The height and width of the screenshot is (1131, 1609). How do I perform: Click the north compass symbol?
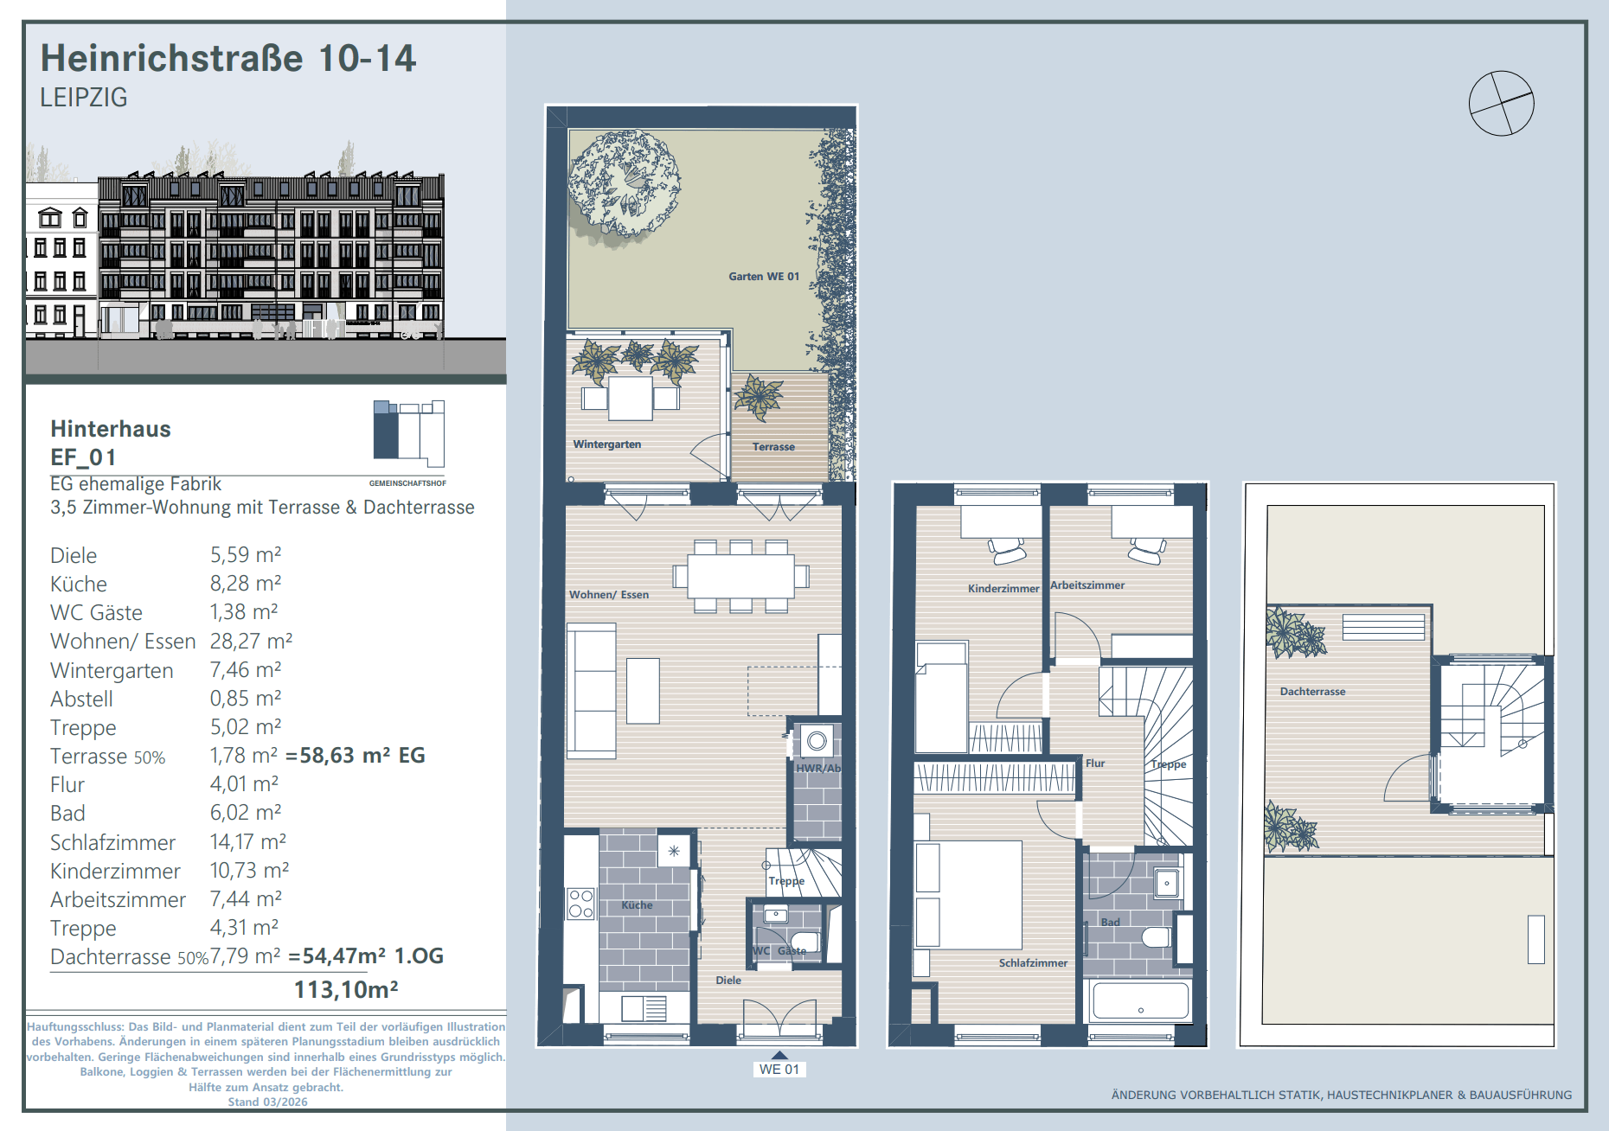tap(1501, 103)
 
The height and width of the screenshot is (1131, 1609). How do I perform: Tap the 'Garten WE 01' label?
tap(764, 277)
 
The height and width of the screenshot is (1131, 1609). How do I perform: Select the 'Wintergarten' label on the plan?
tap(607, 444)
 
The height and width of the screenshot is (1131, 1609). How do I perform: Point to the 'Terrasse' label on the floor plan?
tap(773, 447)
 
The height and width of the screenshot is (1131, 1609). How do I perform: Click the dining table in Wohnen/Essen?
tap(740, 576)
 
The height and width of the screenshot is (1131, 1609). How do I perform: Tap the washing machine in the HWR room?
tap(816, 741)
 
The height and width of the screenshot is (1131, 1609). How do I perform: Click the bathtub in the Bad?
tap(1140, 1001)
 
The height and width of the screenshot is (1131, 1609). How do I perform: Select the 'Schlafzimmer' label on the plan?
tap(1033, 963)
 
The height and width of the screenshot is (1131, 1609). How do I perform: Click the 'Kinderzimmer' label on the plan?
tap(1003, 589)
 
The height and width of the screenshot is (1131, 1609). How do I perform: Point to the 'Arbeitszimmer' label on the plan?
tap(1087, 585)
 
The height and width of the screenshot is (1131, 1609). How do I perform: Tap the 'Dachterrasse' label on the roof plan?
tap(1312, 692)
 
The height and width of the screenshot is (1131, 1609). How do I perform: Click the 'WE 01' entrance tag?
tap(779, 1070)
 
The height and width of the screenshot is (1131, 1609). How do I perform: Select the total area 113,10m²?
tap(346, 990)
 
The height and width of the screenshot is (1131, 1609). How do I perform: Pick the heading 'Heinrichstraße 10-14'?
tap(228, 58)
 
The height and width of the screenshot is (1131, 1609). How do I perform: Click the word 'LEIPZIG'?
tap(84, 98)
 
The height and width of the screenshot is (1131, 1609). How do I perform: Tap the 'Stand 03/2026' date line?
tap(267, 1102)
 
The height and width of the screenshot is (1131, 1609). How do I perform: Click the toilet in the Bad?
tap(1156, 936)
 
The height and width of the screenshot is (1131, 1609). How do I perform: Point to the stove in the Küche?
tap(580, 904)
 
